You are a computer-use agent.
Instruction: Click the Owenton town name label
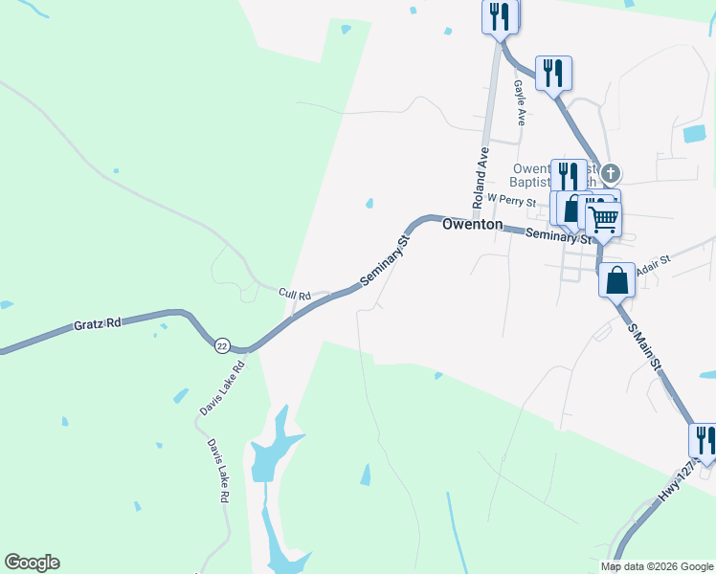point(472,224)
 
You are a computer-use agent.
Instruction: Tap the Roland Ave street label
point(481,178)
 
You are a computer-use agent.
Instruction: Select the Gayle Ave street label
point(520,102)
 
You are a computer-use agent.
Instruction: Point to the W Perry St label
point(510,198)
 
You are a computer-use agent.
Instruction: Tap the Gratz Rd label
point(97,325)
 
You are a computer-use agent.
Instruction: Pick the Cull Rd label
point(295,295)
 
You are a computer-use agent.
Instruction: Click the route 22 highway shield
point(223,345)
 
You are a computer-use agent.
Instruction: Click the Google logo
point(32,563)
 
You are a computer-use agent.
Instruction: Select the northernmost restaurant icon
point(500,16)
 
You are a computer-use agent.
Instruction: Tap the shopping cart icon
point(603,218)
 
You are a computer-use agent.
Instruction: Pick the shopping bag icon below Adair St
point(617,280)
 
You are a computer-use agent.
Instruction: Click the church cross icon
point(610,174)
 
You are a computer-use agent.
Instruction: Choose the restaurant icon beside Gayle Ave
point(553,73)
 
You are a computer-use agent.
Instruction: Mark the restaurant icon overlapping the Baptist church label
point(569,176)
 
